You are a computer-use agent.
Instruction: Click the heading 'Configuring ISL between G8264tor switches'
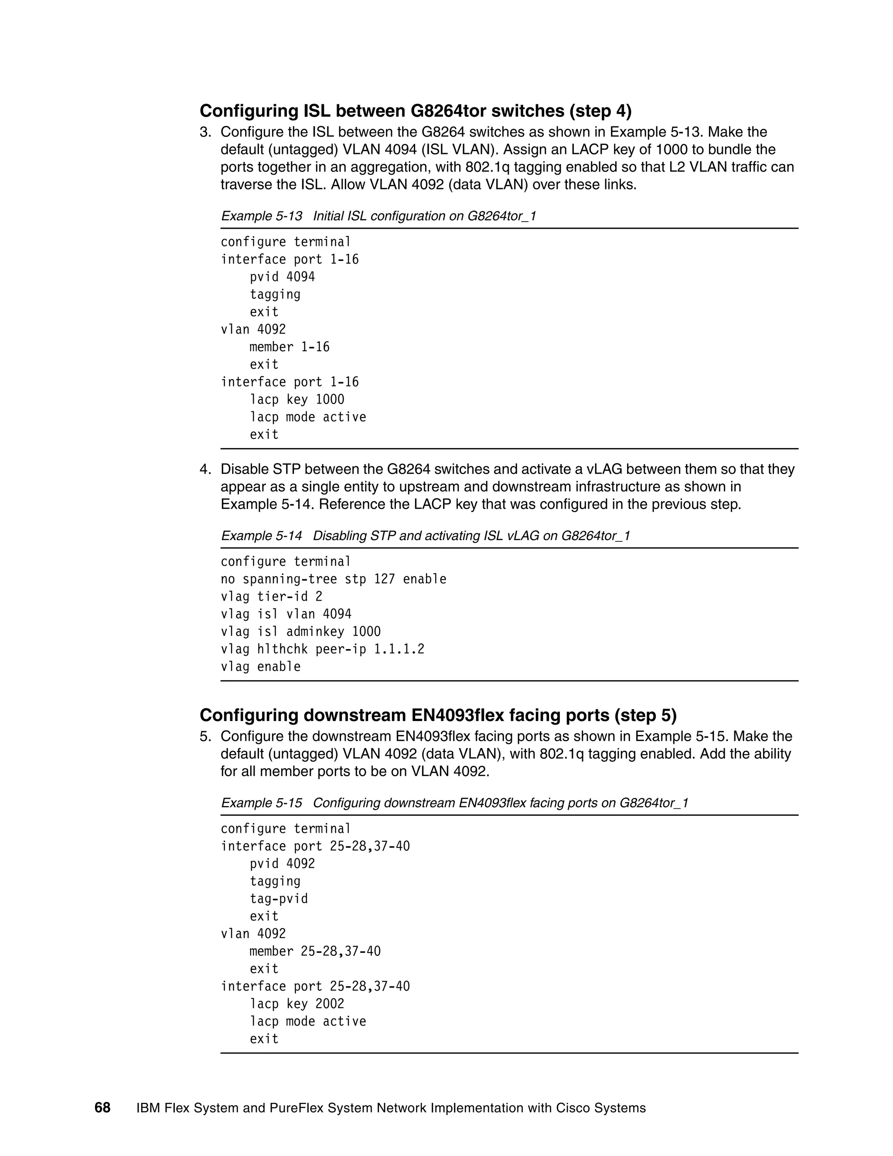pyautogui.click(x=415, y=111)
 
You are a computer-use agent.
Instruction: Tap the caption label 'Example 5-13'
pyautogui.click(x=261, y=216)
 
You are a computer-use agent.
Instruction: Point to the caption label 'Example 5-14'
pyautogui.click(x=261, y=536)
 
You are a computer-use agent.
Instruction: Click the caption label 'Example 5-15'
pyautogui.click(x=261, y=803)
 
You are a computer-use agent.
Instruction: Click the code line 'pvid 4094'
pyautogui.click(x=282, y=277)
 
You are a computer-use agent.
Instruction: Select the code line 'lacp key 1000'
pyautogui.click(x=297, y=400)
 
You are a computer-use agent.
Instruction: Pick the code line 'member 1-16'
pyautogui.click(x=290, y=347)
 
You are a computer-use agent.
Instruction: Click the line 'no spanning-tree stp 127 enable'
pyautogui.click(x=333, y=579)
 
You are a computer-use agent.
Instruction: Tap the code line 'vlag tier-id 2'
pyautogui.click(x=271, y=596)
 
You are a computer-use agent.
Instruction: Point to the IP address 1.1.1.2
pyautogui.click(x=399, y=649)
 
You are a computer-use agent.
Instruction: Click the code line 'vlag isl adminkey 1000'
pyautogui.click(x=300, y=632)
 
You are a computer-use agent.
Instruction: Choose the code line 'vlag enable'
pyautogui.click(x=260, y=667)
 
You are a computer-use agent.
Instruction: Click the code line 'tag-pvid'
pyautogui.click(x=278, y=899)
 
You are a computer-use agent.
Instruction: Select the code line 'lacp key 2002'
pyautogui.click(x=297, y=1004)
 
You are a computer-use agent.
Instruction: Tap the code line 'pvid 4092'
pyautogui.click(x=282, y=864)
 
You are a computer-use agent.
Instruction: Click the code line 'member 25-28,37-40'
pyautogui.click(x=315, y=951)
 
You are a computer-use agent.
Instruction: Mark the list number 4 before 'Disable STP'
pyautogui.click(x=204, y=469)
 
